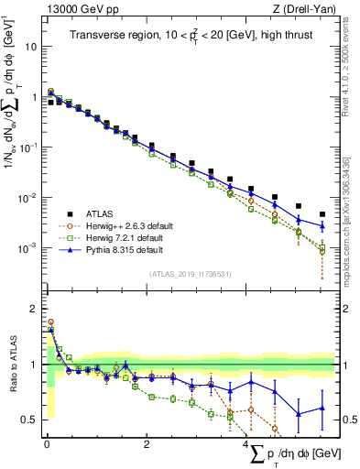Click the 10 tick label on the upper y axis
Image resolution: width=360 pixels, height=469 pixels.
(x=30, y=46)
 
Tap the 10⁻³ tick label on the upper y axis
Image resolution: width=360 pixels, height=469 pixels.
(x=27, y=248)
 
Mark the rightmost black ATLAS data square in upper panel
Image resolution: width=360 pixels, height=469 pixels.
(x=322, y=214)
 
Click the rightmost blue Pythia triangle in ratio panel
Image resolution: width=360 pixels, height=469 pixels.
(x=322, y=408)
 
